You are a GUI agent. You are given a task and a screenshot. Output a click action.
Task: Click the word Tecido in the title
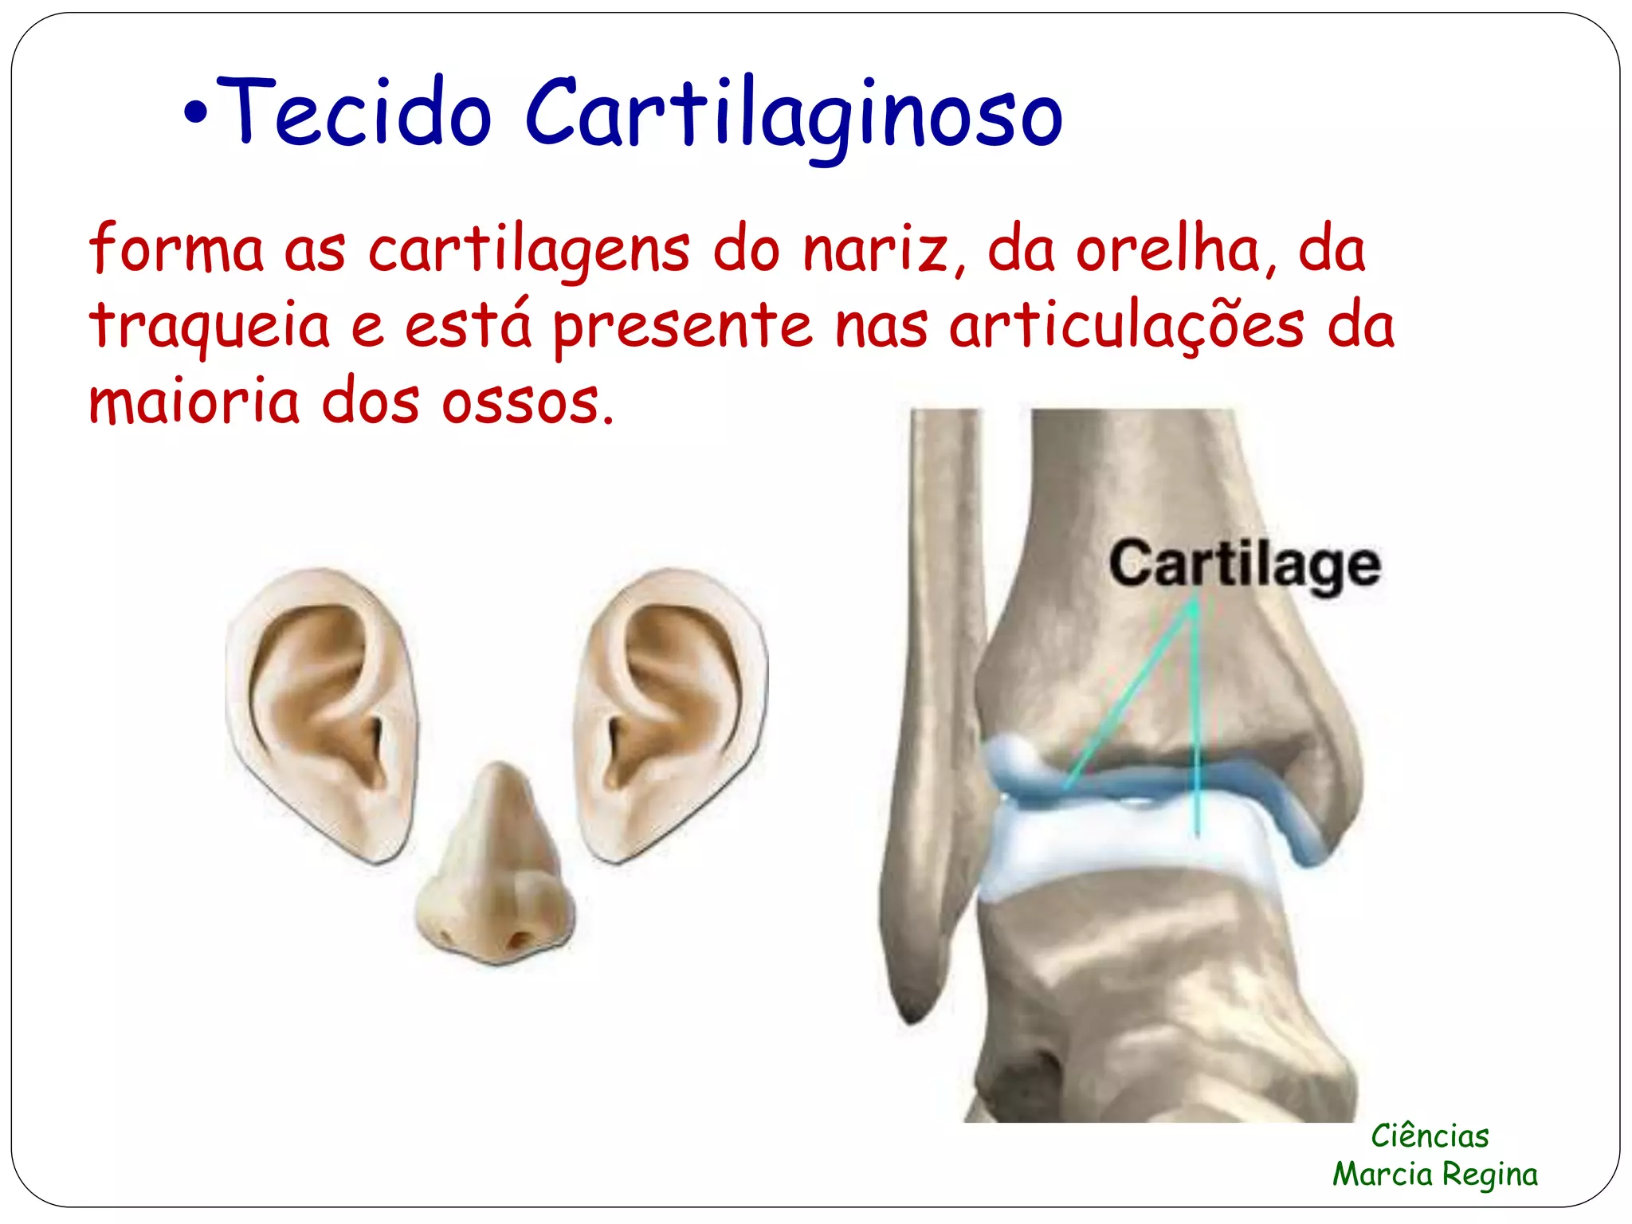pyautogui.click(x=354, y=113)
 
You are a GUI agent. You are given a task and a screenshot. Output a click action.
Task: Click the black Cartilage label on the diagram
pyautogui.click(x=1244, y=566)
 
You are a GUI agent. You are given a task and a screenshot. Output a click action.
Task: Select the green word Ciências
pyautogui.click(x=1430, y=1136)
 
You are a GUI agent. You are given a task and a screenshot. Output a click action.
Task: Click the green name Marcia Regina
pyautogui.click(x=1435, y=1174)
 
